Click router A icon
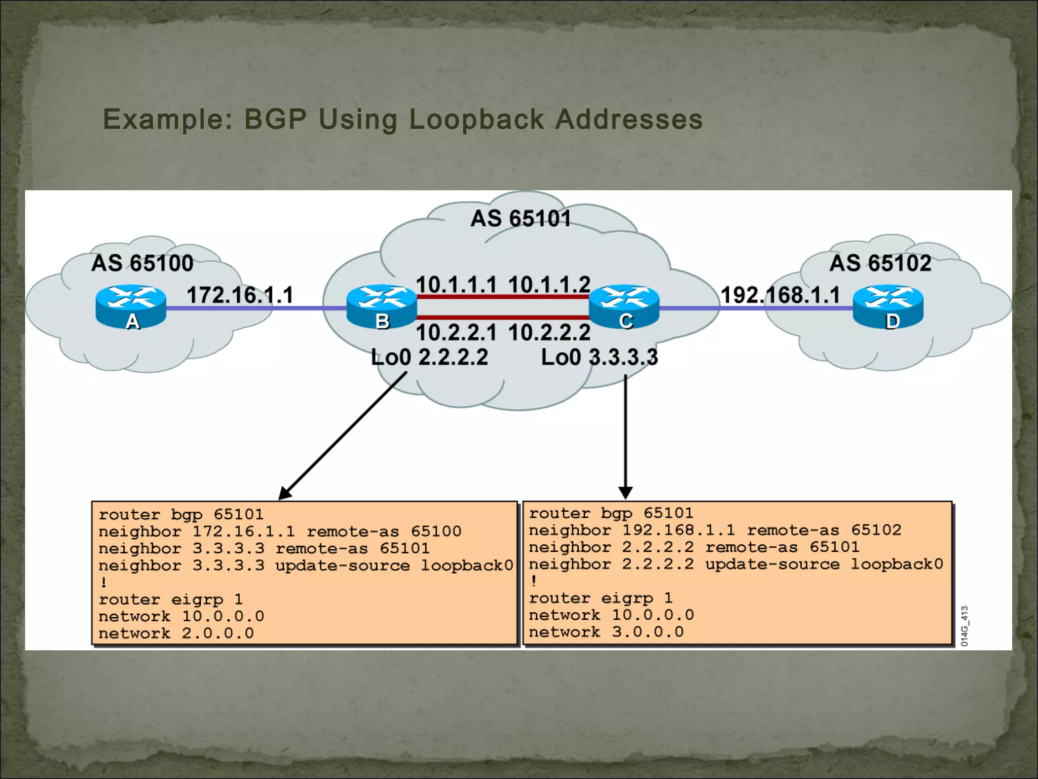[131, 306]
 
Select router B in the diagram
[382, 306]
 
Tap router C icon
[624, 306]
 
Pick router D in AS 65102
[888, 306]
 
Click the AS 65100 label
[142, 263]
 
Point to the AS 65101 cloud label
[521, 219]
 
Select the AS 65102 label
[880, 263]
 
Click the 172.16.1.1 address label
[240, 295]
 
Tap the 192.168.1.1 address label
[781, 295]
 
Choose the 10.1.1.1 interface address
[456, 285]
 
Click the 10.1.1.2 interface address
[549, 285]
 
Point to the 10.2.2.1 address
[456, 333]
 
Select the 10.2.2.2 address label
[549, 333]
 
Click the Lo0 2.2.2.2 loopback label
[429, 357]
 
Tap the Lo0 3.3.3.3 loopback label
[600, 357]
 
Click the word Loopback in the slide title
[476, 120]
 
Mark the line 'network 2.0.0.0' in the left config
[176, 633]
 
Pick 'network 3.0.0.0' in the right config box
[606, 632]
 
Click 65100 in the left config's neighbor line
[436, 532]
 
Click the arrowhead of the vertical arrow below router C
[625, 492]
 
